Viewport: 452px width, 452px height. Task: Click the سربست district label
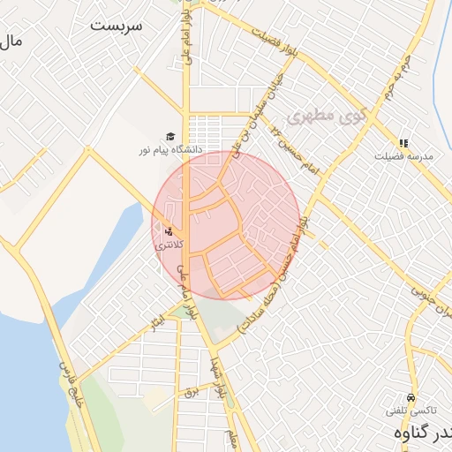[116, 25]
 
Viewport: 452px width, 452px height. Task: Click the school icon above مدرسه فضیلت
[403, 142]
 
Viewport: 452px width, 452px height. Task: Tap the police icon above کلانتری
[169, 231]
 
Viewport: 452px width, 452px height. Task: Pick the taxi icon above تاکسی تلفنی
[410, 397]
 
